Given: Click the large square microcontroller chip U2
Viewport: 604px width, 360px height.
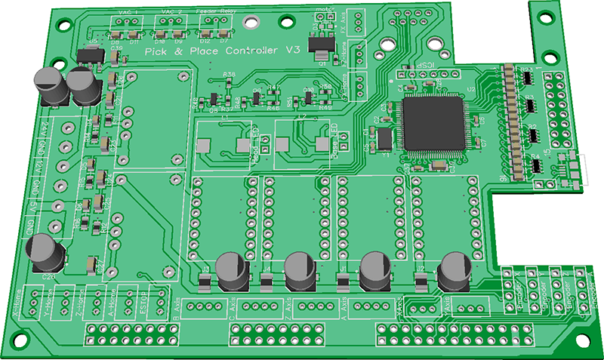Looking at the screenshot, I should click(x=436, y=122).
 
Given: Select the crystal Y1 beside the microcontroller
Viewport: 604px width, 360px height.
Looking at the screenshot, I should click(x=384, y=139).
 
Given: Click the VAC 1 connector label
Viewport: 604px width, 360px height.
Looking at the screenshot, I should click(x=128, y=14).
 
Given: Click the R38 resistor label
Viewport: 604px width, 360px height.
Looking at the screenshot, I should click(x=229, y=75).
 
